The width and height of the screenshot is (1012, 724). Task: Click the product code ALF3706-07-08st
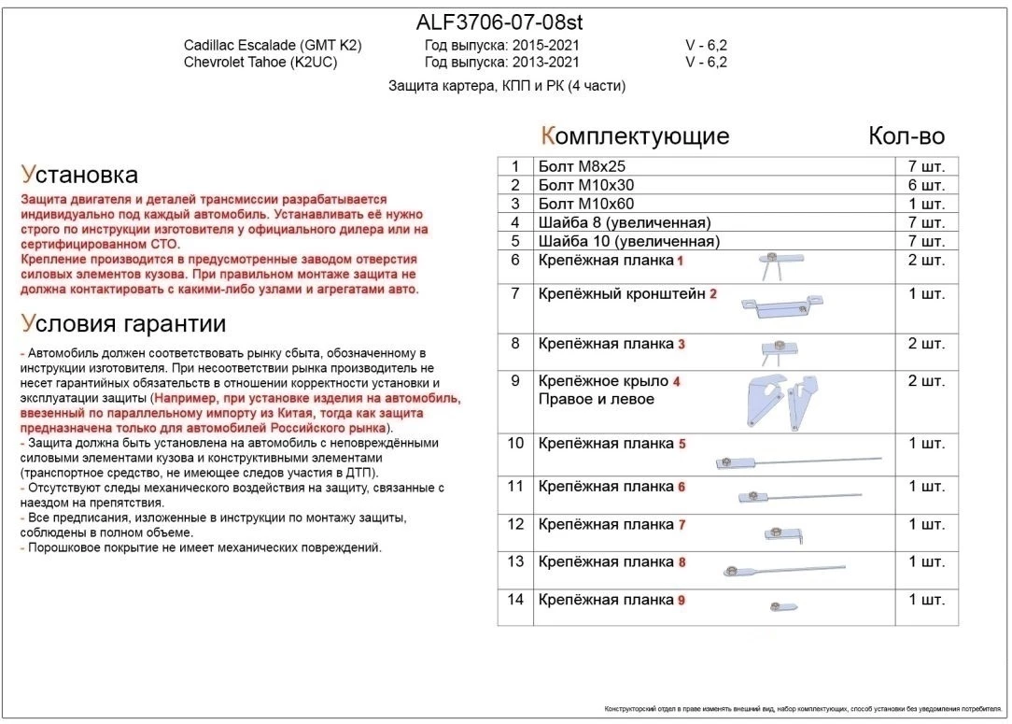click(499, 21)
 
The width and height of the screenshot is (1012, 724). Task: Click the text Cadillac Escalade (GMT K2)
click(272, 46)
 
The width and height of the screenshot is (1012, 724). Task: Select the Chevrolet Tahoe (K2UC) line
click(260, 63)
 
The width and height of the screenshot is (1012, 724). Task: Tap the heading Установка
click(79, 175)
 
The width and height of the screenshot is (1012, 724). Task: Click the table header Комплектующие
click(635, 136)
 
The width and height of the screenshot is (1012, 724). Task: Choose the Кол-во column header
click(906, 136)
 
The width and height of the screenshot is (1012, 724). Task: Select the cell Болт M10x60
click(586, 204)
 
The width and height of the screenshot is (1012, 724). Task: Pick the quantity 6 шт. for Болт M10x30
click(925, 186)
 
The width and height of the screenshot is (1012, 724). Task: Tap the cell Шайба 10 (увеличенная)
click(628, 242)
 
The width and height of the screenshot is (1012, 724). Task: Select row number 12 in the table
click(515, 525)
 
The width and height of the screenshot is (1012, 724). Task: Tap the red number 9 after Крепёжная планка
click(682, 601)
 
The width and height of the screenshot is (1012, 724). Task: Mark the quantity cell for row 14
click(925, 600)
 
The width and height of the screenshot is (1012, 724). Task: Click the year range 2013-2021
click(545, 63)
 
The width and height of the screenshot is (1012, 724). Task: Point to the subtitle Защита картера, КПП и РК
click(507, 86)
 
